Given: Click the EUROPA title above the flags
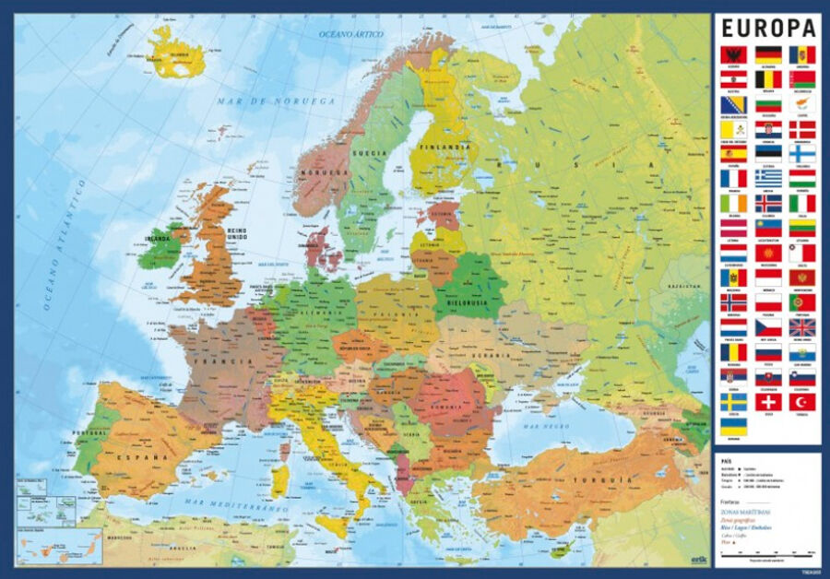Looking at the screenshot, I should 767,27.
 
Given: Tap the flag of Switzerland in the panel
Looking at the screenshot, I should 768,402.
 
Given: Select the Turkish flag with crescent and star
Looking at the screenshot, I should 801,402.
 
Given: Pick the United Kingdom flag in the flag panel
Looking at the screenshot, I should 801,327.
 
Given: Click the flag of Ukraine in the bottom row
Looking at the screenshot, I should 733,427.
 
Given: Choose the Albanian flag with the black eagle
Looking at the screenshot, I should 733,54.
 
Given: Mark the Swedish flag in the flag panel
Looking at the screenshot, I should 733,402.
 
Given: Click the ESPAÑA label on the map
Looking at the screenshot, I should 135,455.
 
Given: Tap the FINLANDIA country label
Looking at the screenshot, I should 445,146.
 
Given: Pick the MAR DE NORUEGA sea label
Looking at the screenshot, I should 276,100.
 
